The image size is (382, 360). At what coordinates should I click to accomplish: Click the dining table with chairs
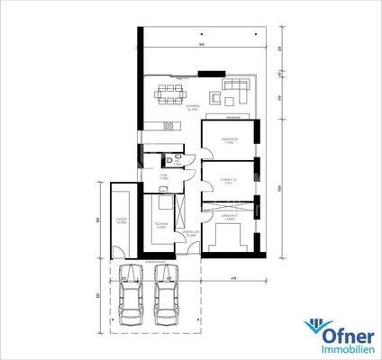pyautogui.click(x=169, y=90)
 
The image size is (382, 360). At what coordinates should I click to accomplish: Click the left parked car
pyautogui.click(x=132, y=298)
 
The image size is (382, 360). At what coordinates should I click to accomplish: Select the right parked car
pyautogui.click(x=165, y=298)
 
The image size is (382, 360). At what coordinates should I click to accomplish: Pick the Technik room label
pyautogui.click(x=160, y=225)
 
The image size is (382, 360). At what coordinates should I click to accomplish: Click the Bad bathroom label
pyautogui.click(x=164, y=175)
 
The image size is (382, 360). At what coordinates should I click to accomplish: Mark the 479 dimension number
pyautogui.click(x=232, y=279)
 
